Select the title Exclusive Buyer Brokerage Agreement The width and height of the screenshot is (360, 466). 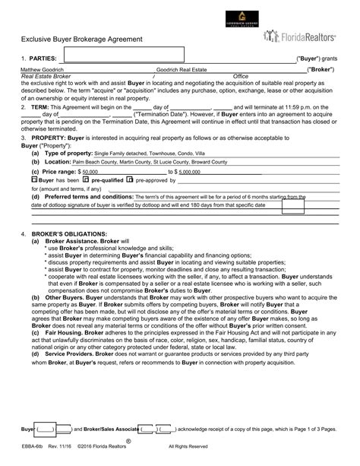click(83, 38)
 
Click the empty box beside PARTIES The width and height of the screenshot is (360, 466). click(125, 55)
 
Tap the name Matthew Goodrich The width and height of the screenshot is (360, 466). click(43, 70)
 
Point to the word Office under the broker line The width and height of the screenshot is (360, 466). click(240, 76)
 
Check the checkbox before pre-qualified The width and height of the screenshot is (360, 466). click(85, 180)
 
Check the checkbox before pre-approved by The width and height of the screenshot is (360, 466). click(130, 180)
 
